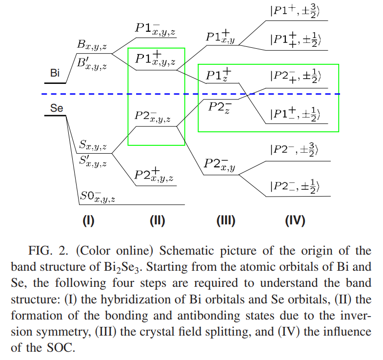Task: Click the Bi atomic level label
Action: (55, 73)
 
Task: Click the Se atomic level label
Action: (57, 108)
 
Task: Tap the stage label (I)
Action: (88, 221)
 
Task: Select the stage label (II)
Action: (157, 221)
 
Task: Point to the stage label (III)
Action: (226, 221)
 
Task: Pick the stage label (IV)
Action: (295, 221)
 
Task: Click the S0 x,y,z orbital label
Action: (98, 197)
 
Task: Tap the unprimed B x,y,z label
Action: (92, 45)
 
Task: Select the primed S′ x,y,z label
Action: (93, 161)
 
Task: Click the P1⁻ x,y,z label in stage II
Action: (155, 29)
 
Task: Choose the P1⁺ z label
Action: (219, 75)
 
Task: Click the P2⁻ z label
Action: (220, 107)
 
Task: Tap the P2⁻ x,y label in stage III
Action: (220, 164)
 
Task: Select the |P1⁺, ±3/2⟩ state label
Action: (295, 11)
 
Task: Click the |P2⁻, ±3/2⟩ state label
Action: (294, 149)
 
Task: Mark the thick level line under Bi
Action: (55, 83)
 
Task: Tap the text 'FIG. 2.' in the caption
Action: (48, 251)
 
